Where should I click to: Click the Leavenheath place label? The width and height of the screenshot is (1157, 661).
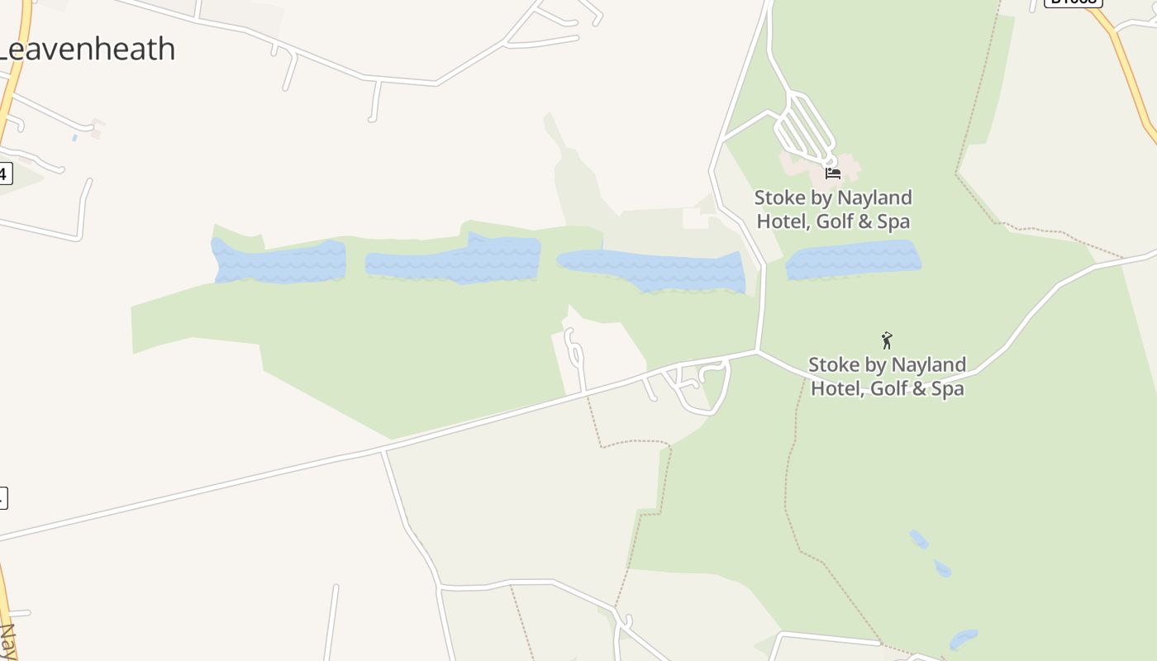pyautogui.click(x=87, y=50)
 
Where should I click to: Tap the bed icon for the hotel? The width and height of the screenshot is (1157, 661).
pyautogui.click(x=833, y=174)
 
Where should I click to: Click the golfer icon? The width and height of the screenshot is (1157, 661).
pyautogui.click(x=887, y=340)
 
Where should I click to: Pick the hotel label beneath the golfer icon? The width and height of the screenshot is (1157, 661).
pyautogui.click(x=887, y=377)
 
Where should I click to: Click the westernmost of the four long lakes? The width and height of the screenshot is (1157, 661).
pyautogui.click(x=279, y=262)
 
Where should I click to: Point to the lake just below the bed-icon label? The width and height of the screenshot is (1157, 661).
pyautogui.click(x=853, y=260)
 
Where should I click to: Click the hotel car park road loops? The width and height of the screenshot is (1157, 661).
pyautogui.click(x=803, y=128)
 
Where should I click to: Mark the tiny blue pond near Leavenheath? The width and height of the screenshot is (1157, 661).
pyautogui.click(x=74, y=138)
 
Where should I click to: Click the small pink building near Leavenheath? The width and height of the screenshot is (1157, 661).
pyautogui.click(x=98, y=129)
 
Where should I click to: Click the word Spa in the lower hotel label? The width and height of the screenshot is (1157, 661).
pyautogui.click(x=947, y=388)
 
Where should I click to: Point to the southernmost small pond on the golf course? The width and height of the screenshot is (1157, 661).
pyautogui.click(x=963, y=639)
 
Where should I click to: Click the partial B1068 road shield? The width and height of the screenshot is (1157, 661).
pyautogui.click(x=1073, y=2)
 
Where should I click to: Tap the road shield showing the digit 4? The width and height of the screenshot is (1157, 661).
pyautogui.click(x=4, y=174)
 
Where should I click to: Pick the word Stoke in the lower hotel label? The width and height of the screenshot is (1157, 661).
pyautogui.click(x=833, y=365)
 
